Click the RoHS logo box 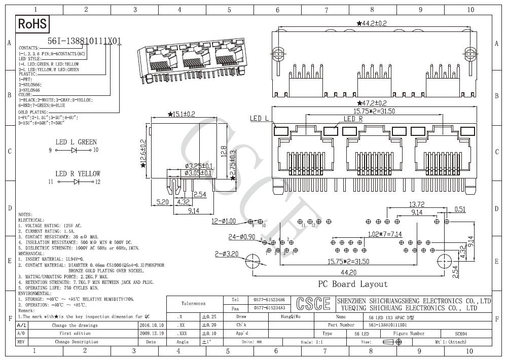33,24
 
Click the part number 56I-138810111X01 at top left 84,42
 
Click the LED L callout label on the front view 259,119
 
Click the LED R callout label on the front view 353,119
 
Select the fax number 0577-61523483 269,308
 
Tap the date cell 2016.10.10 151,325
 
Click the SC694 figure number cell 460,334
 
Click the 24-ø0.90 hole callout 228,237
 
